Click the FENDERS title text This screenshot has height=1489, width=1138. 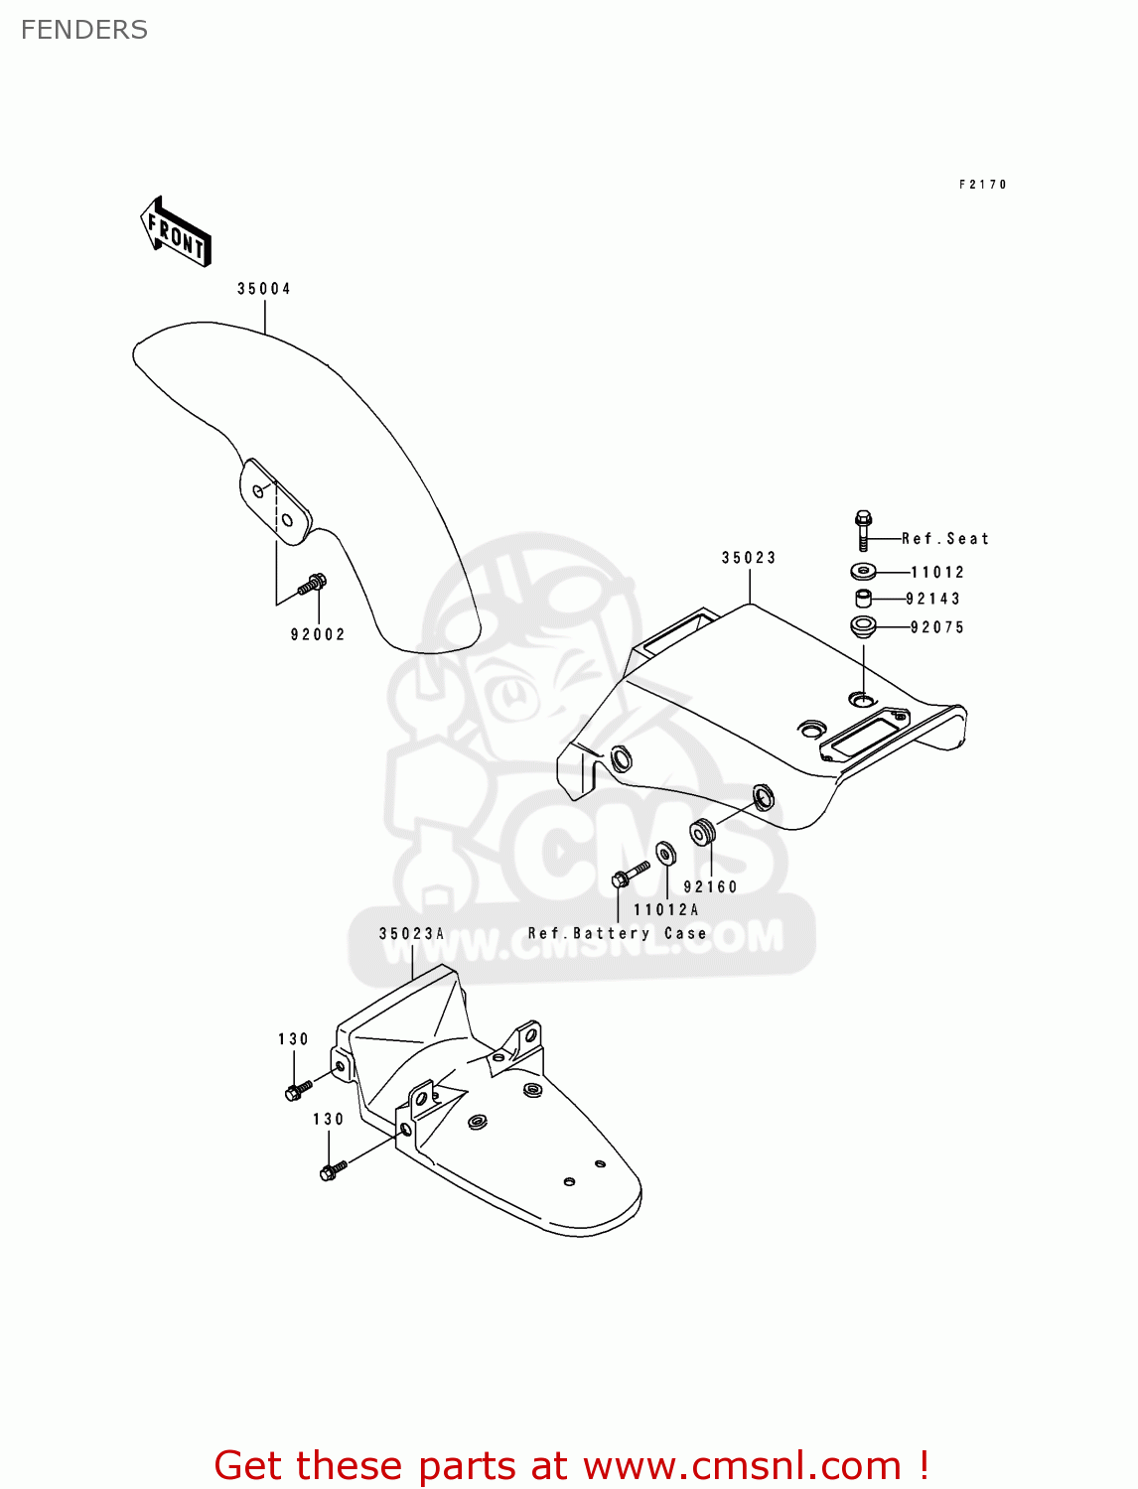84,30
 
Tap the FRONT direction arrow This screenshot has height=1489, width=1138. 176,232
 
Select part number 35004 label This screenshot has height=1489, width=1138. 264,289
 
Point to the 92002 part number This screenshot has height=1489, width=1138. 318,634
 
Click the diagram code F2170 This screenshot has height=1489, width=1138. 983,185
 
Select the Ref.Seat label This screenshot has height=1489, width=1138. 944,539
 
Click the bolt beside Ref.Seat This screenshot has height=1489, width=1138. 863,530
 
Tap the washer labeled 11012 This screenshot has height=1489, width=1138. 863,571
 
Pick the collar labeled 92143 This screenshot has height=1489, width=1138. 863,599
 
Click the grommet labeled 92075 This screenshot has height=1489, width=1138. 863,625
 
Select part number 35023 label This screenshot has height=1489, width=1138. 749,558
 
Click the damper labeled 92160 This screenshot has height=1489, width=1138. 703,832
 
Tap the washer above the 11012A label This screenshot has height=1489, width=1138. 665,854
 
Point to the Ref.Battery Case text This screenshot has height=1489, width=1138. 617,933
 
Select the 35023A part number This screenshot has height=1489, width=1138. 411,933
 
